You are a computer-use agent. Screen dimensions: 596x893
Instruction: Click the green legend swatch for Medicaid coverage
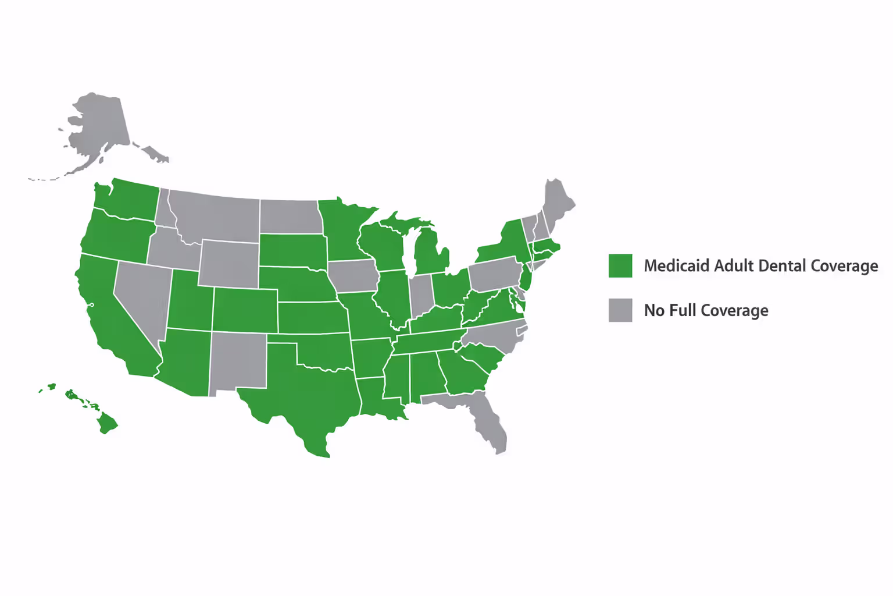620,265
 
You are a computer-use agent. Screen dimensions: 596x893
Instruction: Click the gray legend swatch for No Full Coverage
620,310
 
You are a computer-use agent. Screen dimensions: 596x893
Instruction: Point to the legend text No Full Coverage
706,311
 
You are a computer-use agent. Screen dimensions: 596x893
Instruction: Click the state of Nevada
140,297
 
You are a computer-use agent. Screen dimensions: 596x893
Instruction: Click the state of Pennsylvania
495,274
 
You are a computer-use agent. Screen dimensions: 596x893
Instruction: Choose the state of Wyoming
229,263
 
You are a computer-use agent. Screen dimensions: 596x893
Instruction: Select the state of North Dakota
290,217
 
